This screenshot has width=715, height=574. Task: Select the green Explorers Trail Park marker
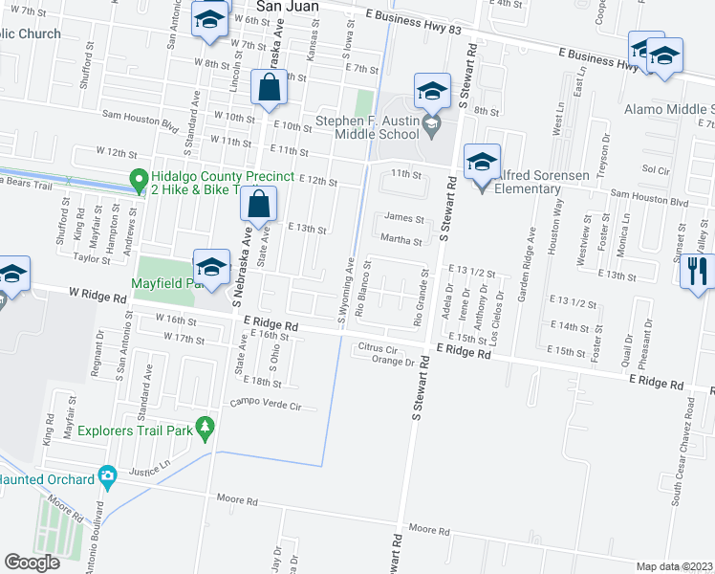[x=204, y=429]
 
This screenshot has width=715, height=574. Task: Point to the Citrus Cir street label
[x=378, y=348]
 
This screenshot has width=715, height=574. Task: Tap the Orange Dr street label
[x=397, y=362]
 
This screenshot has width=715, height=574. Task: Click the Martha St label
[x=401, y=240]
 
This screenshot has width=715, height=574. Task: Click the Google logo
[x=32, y=562]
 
